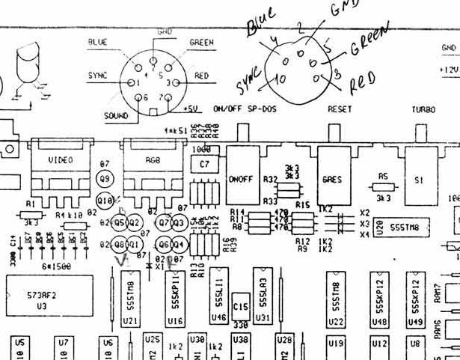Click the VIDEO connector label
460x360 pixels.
[x=61, y=159]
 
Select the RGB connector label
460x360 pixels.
[x=153, y=159]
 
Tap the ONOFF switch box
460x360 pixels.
[x=242, y=180]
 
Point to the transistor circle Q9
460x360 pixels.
[x=105, y=179]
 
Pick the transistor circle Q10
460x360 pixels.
[x=105, y=201]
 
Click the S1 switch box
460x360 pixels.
[x=418, y=180]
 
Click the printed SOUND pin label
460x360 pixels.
[x=117, y=117]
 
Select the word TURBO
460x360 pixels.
[x=423, y=109]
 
